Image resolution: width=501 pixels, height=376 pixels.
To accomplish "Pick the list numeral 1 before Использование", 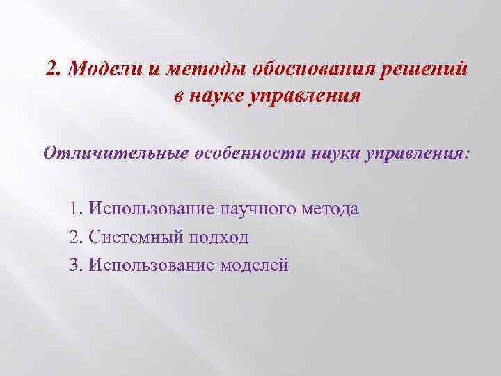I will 74,209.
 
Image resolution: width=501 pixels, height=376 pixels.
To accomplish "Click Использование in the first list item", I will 152,209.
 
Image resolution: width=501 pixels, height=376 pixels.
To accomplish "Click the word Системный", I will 132,237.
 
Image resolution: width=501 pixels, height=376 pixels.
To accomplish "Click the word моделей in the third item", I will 254,265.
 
